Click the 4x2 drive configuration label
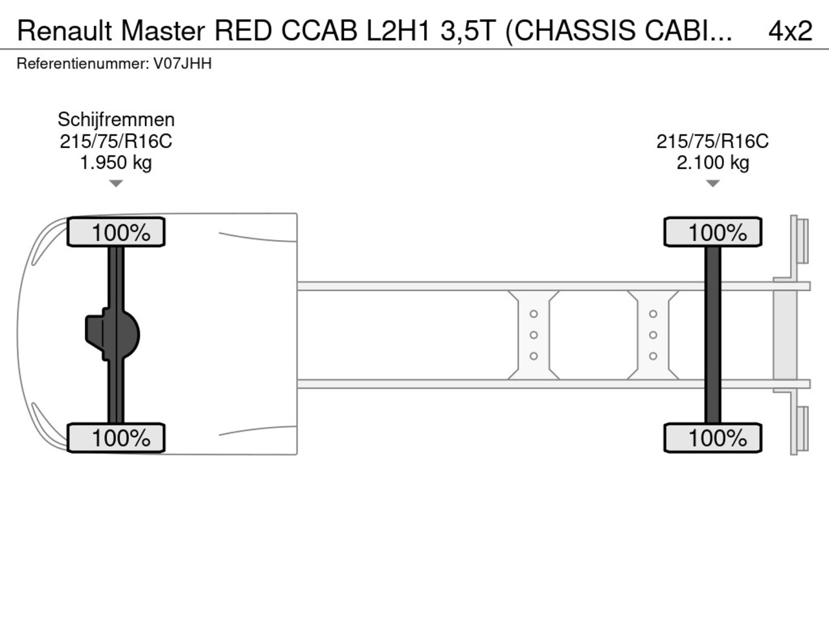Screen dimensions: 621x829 click(x=789, y=30)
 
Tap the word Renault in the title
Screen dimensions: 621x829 click(x=64, y=30)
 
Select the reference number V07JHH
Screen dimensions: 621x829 click(x=182, y=63)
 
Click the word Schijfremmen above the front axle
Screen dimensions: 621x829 click(x=116, y=120)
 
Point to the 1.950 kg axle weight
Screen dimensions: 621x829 click(x=116, y=162)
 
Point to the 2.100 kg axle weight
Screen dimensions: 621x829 click(x=712, y=162)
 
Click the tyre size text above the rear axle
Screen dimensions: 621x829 click(x=712, y=141)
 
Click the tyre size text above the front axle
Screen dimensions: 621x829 click(x=116, y=141)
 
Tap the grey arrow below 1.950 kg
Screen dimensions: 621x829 click(x=116, y=184)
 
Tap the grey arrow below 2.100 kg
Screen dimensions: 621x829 click(x=712, y=184)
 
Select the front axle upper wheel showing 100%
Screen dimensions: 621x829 click(x=117, y=232)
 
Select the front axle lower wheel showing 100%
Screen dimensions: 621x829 click(x=117, y=438)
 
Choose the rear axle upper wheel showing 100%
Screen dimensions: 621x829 click(x=712, y=232)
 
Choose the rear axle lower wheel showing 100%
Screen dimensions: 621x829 click(x=712, y=438)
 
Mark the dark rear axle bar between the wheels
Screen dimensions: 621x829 click(x=712, y=334)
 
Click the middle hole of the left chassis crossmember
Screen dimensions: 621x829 click(x=534, y=334)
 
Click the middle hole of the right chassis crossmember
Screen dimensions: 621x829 click(x=653, y=334)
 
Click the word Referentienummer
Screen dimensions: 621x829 click(x=82, y=63)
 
